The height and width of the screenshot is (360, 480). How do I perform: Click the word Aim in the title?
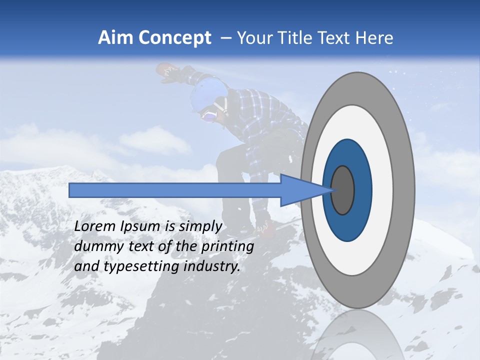pyautogui.click(x=116, y=38)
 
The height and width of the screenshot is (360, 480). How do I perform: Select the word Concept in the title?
pyautogui.click(x=175, y=38)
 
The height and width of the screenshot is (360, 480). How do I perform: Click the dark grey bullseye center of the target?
pyautogui.click(x=343, y=190)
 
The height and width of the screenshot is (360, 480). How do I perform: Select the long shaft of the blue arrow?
pyautogui.click(x=175, y=190)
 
